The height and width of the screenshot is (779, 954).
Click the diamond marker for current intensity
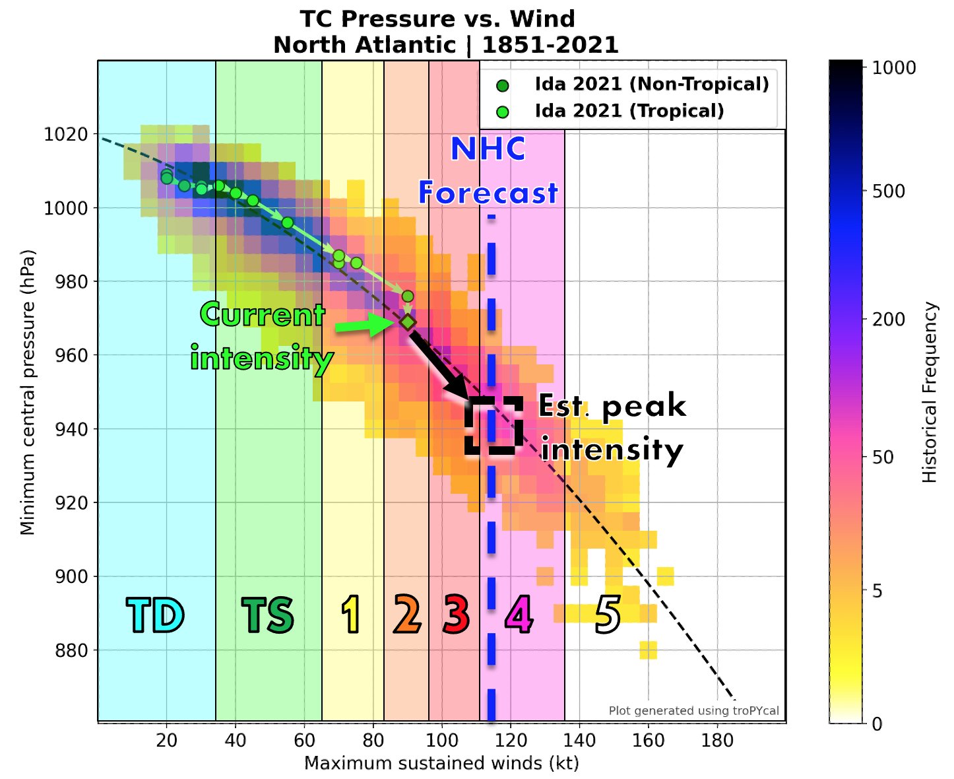point(408,322)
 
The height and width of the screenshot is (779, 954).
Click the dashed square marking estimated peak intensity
point(493,426)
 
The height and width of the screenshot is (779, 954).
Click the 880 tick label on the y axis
point(70,650)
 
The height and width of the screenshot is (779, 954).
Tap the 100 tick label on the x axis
point(442,741)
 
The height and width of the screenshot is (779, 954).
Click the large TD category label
point(155,615)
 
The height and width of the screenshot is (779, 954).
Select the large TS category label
point(267,615)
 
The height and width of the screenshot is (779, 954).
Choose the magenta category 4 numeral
point(519,615)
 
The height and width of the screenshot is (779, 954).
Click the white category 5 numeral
point(608,615)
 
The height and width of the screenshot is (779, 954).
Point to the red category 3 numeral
point(456,615)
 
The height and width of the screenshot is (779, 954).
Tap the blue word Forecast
point(488,193)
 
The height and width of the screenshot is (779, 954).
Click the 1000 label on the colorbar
point(894,68)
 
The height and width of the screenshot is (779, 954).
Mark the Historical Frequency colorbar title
point(930,393)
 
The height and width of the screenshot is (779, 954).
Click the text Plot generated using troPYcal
point(693,711)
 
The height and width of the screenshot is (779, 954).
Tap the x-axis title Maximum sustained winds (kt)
point(441,764)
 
